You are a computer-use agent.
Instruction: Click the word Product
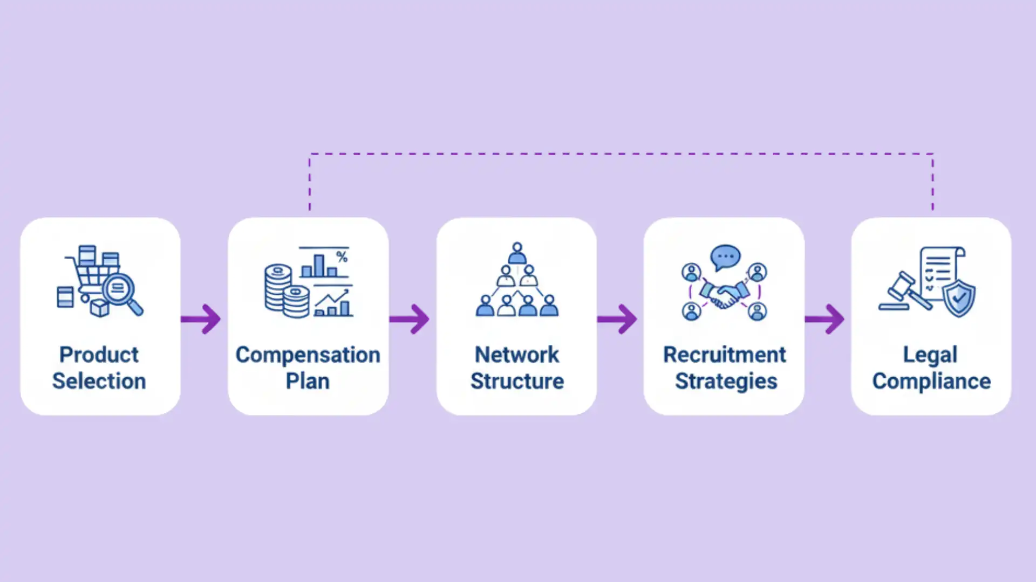[99, 355]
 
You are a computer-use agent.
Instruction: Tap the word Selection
[99, 381]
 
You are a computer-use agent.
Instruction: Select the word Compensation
[308, 355]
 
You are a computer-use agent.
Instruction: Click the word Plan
[308, 381]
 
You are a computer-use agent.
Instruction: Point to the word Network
[516, 355]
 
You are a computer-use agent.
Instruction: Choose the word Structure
[517, 381]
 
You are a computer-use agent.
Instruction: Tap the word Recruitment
[724, 355]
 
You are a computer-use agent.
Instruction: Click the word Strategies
[726, 381]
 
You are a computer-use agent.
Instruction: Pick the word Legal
[930, 355]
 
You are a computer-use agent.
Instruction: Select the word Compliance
[931, 381]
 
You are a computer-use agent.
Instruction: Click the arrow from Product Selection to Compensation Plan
[201, 319]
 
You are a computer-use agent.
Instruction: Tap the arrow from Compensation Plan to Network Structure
[410, 319]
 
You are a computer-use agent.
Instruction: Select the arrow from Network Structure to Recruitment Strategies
[617, 319]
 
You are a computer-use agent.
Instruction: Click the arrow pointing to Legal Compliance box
[825, 319]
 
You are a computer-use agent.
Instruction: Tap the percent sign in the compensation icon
[342, 257]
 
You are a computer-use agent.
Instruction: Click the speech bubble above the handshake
[725, 257]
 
